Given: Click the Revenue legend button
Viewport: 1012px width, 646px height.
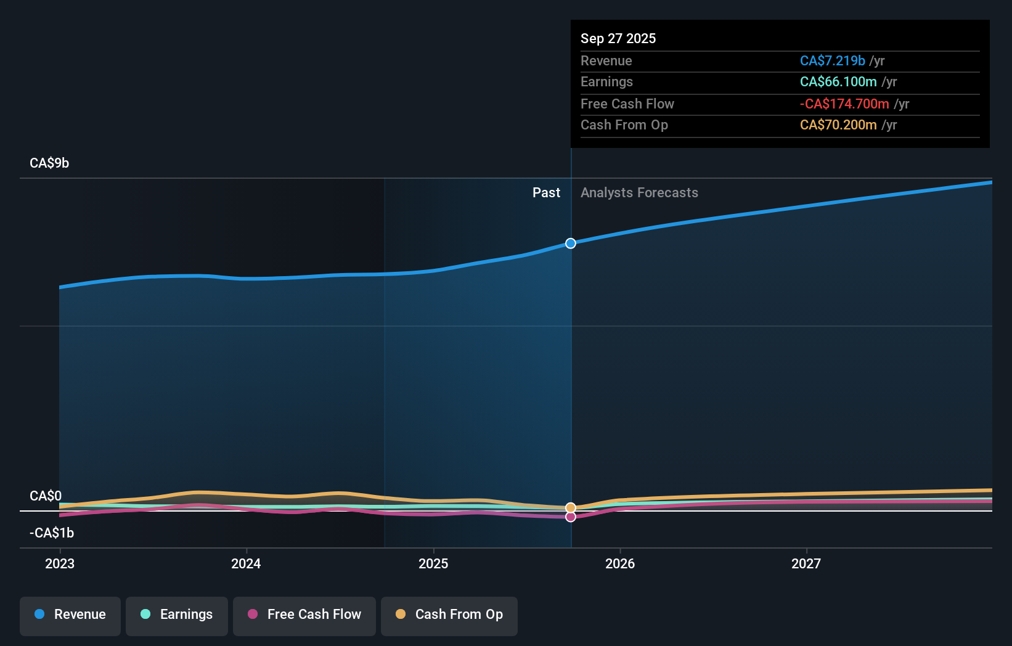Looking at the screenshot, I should (x=70, y=615).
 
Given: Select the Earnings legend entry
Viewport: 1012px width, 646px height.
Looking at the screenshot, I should (x=177, y=615).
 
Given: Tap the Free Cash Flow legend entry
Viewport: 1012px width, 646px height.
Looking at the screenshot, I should (x=304, y=615).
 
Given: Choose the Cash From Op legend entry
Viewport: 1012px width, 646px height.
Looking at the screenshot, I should (x=449, y=615).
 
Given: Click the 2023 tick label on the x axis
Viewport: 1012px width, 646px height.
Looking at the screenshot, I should (x=60, y=563).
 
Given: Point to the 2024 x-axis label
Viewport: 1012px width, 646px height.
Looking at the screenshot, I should (x=246, y=563).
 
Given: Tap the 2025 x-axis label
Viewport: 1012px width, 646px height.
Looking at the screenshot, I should (x=433, y=563).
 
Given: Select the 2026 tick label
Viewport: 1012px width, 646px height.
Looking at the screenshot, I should (x=620, y=563).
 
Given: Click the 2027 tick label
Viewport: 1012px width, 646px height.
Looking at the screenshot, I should (x=806, y=563).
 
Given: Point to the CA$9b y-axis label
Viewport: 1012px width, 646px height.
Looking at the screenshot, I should (x=49, y=163).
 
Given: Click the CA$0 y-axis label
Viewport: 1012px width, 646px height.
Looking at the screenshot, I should (x=46, y=496).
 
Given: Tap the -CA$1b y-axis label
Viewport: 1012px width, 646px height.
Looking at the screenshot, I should (x=52, y=533).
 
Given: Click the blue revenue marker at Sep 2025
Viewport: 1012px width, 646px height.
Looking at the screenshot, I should (x=571, y=243).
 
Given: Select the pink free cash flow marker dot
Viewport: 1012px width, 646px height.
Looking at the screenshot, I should (x=571, y=517).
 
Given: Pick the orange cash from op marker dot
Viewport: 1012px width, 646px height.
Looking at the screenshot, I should (x=571, y=508).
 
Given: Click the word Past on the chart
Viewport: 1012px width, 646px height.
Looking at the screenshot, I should (x=546, y=193).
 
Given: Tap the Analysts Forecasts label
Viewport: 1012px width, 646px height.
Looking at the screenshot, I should (x=639, y=193).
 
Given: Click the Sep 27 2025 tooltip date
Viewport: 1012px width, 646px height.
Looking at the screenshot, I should (x=618, y=39).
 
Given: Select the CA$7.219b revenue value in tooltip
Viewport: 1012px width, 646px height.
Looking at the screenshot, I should (x=832, y=61).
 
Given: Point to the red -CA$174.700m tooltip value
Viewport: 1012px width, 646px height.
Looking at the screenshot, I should (x=844, y=104).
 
